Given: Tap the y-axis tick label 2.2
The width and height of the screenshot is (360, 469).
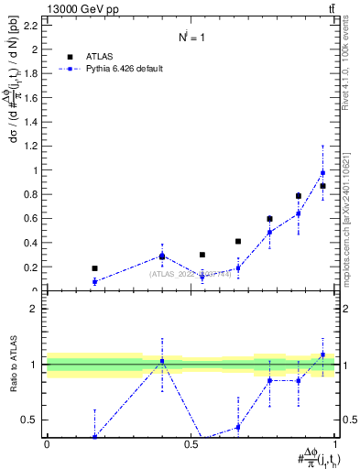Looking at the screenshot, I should click(x=30, y=25).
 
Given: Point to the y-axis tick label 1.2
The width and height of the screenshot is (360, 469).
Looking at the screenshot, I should click(x=30, y=146).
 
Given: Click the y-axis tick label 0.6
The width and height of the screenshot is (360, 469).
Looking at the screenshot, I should click(x=30, y=218).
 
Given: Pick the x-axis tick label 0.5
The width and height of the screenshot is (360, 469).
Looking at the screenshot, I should click(x=191, y=444).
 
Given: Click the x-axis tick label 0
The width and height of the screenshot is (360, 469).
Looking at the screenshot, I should click(x=47, y=444).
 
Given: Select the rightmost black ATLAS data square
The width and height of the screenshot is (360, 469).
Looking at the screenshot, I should click(x=322, y=186).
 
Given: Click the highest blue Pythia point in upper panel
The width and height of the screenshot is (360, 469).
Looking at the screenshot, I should click(x=322, y=172).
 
